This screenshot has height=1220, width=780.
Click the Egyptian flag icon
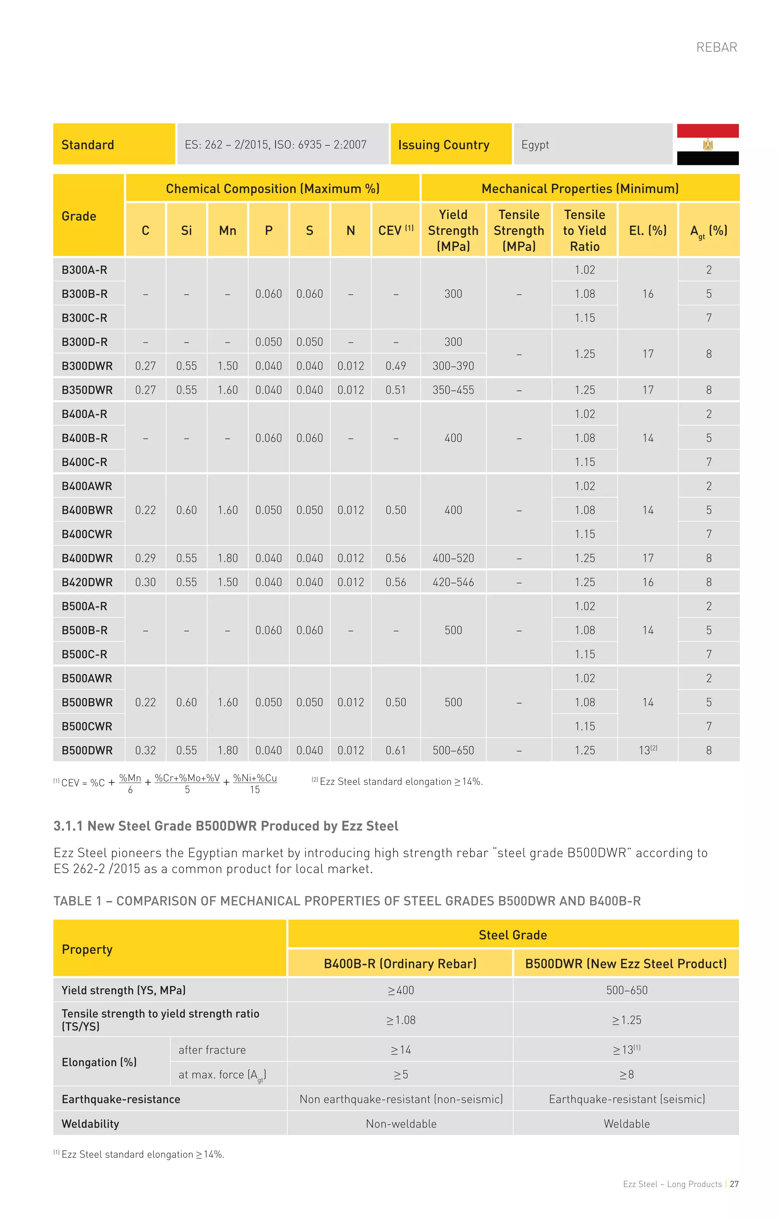tap(708, 144)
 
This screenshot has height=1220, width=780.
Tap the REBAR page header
tap(716, 48)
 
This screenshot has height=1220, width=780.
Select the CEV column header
tap(396, 231)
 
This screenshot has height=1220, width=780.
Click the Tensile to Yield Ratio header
tap(585, 231)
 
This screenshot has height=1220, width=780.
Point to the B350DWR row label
tap(87, 390)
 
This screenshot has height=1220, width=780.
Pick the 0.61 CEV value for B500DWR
tap(396, 750)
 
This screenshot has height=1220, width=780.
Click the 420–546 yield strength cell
tap(453, 582)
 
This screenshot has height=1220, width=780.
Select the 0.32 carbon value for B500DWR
tap(145, 750)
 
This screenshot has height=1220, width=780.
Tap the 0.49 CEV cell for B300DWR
tap(396, 366)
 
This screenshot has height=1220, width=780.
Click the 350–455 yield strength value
tap(453, 390)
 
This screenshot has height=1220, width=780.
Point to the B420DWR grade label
tap(87, 582)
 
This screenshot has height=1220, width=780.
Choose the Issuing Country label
tap(444, 145)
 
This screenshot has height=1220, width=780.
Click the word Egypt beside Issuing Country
tap(535, 145)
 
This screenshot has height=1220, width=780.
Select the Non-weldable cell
tap(401, 1124)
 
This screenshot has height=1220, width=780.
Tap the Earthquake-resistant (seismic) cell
tap(627, 1099)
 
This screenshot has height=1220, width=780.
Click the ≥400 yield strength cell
tap(401, 990)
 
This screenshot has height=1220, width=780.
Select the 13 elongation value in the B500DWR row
tap(645, 750)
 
